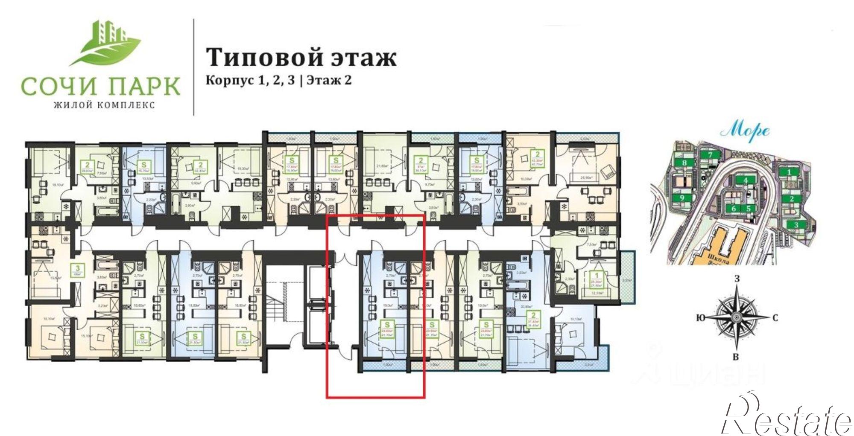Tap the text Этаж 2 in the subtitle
[x=329, y=80]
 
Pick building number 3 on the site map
[x=796, y=225]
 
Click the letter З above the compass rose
[x=737, y=279]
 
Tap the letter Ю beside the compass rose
[x=700, y=318]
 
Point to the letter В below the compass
[x=736, y=357]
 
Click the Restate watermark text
[x=786, y=416]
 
